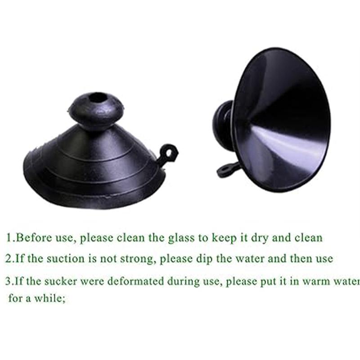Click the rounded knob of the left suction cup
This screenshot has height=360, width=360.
tap(96, 108)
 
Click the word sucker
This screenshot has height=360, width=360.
tap(58, 282)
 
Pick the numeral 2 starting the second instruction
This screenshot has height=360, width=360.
tap(9, 259)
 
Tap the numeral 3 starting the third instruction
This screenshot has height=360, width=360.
tap(9, 282)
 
